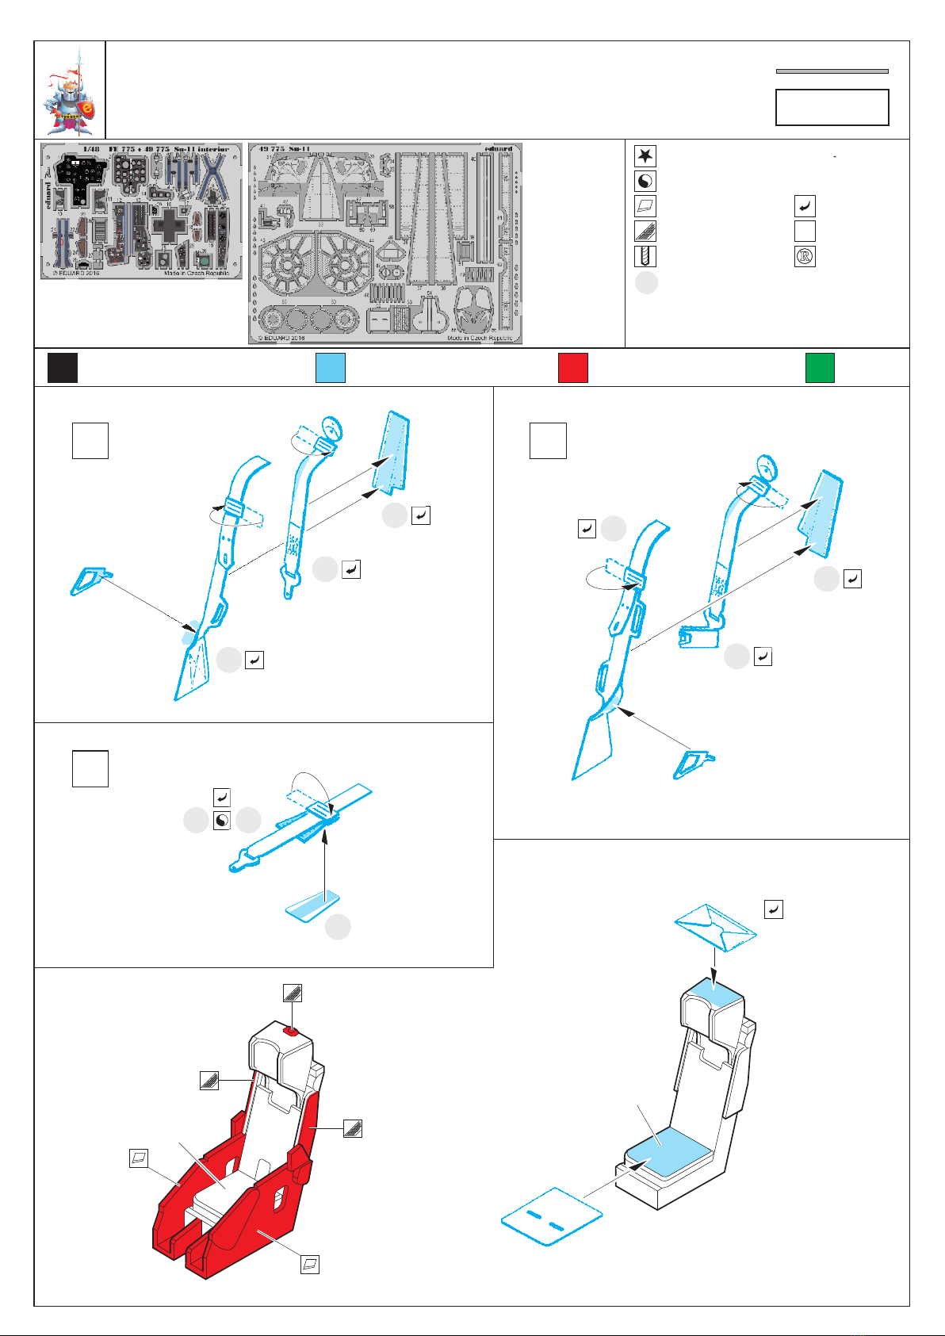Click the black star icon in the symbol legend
645,156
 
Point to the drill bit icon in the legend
645,257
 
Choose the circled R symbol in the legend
805,257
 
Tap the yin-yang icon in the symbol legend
645,182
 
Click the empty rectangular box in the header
832,107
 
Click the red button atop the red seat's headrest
293,1032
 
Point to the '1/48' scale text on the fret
91,149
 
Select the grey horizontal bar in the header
832,71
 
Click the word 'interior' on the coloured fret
212,149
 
